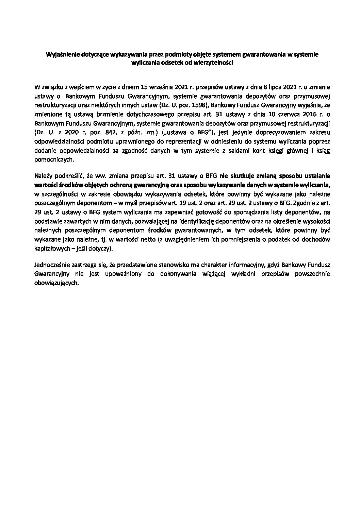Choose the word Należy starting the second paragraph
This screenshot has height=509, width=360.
43,175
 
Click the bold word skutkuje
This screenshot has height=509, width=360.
238,175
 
